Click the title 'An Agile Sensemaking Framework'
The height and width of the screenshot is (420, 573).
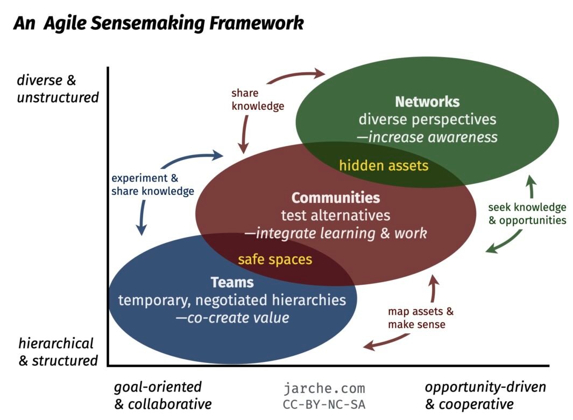(158, 23)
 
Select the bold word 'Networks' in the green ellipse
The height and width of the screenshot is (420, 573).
(427, 102)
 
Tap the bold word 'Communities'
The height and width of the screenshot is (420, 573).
(336, 198)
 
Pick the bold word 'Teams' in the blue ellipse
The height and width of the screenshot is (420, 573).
(232, 282)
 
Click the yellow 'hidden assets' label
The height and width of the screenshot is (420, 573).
(384, 165)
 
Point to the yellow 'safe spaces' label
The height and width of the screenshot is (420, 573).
(275, 260)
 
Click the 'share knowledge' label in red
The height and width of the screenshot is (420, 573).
(258, 100)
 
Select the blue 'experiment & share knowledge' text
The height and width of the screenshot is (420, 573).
(152, 185)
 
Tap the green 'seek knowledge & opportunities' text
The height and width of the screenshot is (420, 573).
(527, 214)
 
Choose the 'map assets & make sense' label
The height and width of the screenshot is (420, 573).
(420, 318)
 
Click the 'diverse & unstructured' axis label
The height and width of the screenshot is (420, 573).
(58, 89)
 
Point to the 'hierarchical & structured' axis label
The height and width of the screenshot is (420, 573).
(58, 352)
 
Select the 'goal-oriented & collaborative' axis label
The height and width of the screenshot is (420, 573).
(162, 395)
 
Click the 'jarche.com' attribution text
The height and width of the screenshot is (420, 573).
(324, 388)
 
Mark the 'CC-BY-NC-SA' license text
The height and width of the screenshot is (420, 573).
(324, 404)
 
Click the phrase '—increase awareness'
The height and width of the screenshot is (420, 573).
(427, 137)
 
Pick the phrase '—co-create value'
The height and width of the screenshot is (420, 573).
(232, 317)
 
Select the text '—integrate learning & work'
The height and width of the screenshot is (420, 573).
(336, 233)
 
